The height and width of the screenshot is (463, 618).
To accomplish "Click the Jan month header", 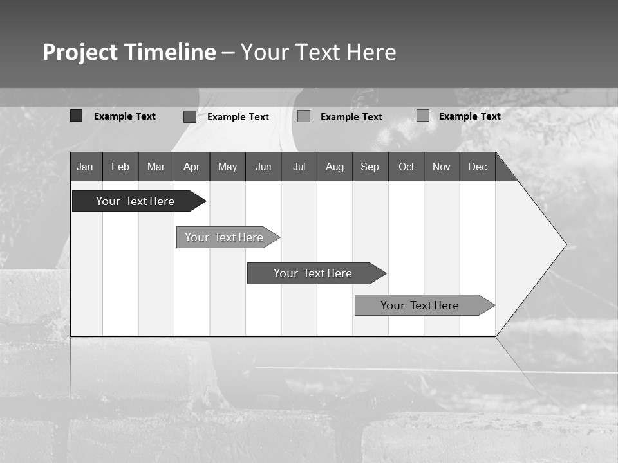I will tap(86, 167).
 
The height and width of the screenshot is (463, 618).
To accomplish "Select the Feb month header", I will tap(120, 167).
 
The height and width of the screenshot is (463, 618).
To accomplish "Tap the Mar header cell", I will tap(156, 167).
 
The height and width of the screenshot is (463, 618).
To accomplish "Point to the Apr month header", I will tap(192, 167).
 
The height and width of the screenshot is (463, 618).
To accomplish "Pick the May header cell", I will tap(227, 167).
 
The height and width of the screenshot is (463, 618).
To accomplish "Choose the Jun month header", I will tap(263, 167).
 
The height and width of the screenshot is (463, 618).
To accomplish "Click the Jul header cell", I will tap(299, 167).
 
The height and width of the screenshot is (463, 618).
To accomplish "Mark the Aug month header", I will tap(335, 167).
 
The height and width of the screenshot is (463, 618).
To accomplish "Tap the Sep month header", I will tap(370, 167).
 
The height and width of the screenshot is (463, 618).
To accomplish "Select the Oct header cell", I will tap(406, 167).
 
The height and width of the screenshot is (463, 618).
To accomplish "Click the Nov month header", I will tap(442, 167).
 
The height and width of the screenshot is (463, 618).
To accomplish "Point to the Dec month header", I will tap(478, 167).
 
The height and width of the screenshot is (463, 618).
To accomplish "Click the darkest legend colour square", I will tap(77, 116).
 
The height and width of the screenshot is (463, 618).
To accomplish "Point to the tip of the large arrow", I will tap(565, 244).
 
